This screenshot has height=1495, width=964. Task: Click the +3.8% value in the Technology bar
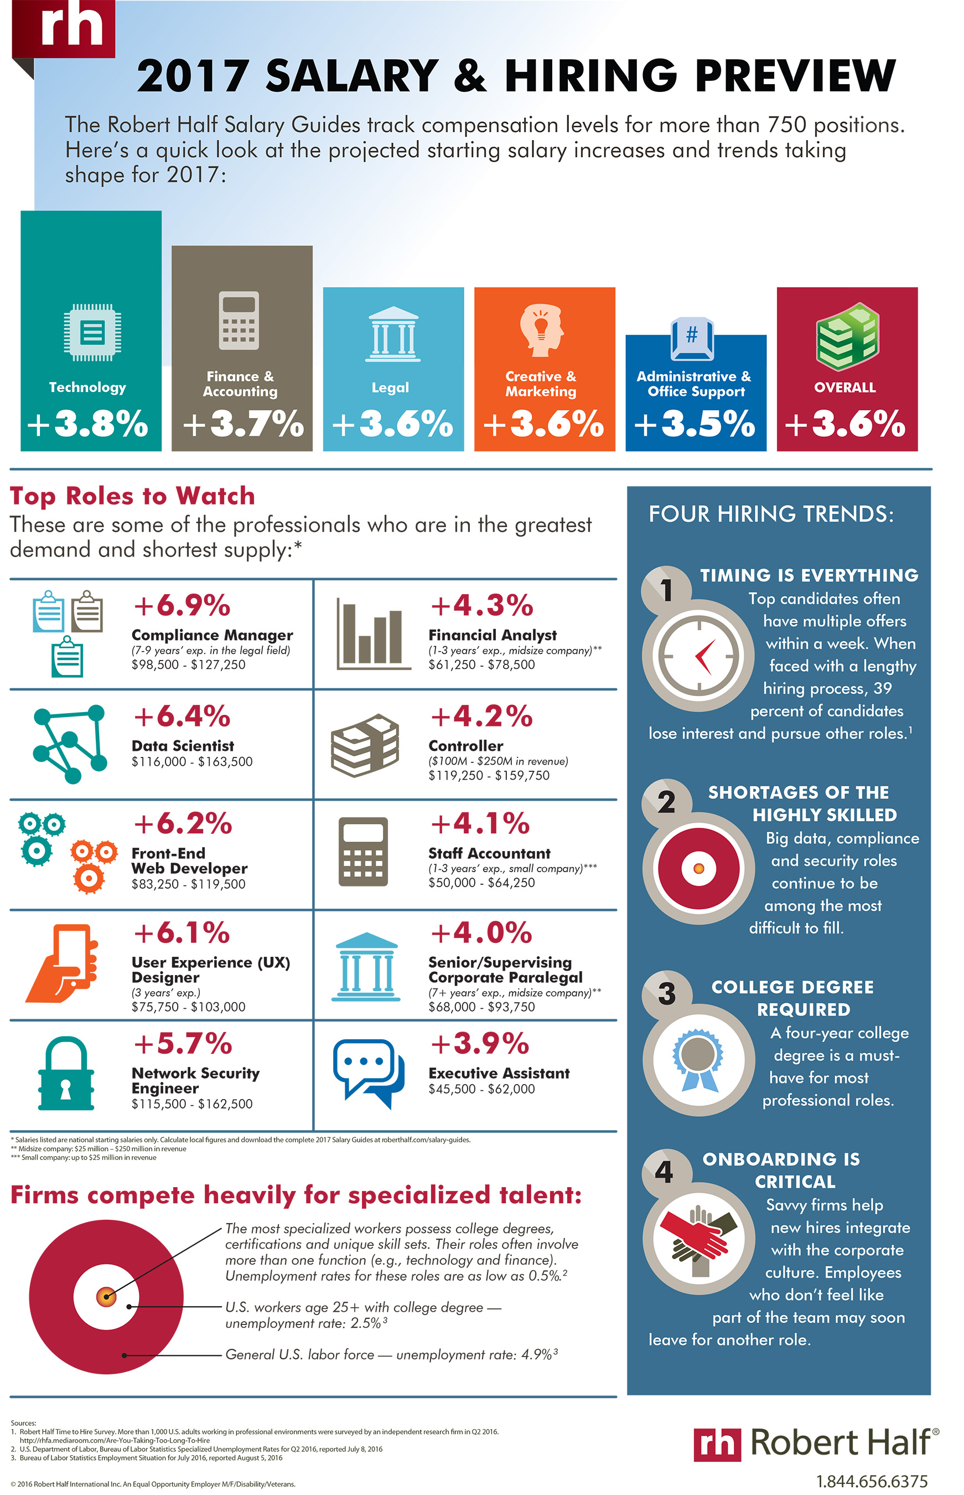(x=88, y=424)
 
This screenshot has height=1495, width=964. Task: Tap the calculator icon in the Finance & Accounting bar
(x=239, y=321)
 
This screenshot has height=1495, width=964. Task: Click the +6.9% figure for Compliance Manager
(x=182, y=606)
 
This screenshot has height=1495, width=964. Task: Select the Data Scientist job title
(x=183, y=746)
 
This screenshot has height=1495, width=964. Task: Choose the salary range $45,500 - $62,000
(x=481, y=1089)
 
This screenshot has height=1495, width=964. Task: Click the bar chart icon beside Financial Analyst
(x=372, y=634)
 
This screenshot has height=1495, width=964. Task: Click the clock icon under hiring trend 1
(x=698, y=656)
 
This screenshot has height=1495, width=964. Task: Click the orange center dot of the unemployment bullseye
(x=106, y=1296)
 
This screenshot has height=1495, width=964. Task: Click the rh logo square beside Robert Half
(x=717, y=1444)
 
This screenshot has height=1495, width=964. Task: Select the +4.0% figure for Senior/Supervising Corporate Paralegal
(x=481, y=932)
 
